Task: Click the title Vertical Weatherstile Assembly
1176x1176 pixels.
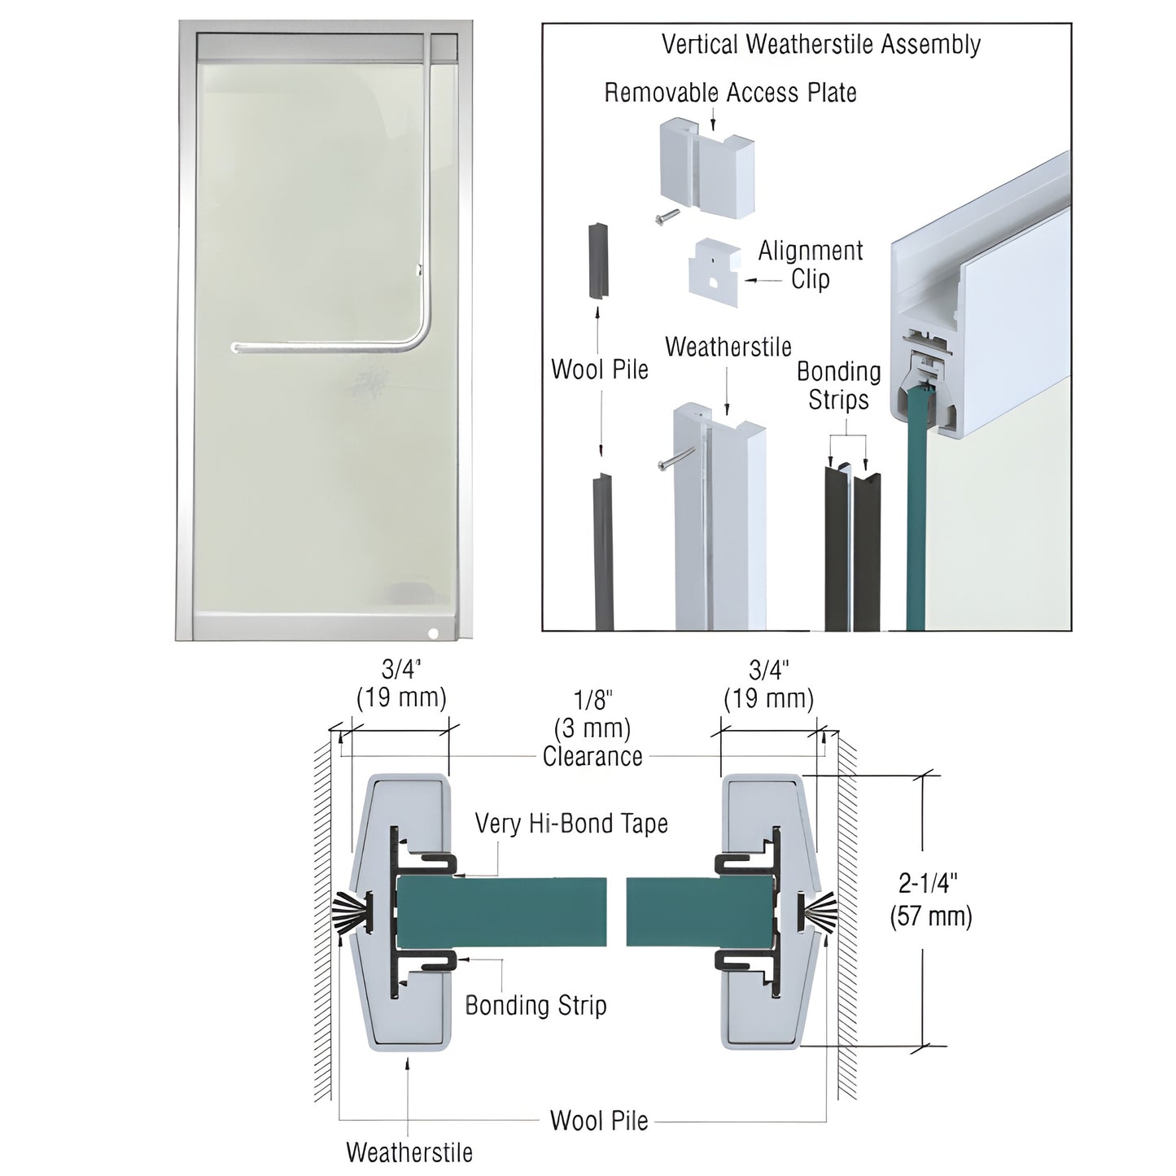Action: [x=820, y=44]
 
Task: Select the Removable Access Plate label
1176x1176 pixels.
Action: [x=730, y=93]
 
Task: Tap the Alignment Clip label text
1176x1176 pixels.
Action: [x=810, y=264]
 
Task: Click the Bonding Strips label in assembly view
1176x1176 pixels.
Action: [x=838, y=386]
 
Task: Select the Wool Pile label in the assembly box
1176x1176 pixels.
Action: [x=600, y=369]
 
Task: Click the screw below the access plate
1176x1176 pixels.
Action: [x=667, y=216]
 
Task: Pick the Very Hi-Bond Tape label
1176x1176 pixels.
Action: [x=571, y=824]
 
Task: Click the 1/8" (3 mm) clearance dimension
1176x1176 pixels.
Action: [x=592, y=728]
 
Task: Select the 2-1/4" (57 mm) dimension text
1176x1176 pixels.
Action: [x=930, y=900]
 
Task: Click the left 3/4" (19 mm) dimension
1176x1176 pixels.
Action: [x=401, y=684]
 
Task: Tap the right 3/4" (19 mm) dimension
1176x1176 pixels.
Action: [x=768, y=684]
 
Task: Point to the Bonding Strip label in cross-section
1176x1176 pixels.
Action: [x=536, y=1005]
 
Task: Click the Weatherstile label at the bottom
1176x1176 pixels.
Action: [x=409, y=1152]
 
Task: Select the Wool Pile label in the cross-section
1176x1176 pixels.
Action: [x=599, y=1121]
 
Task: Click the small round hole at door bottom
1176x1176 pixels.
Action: [x=433, y=632]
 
